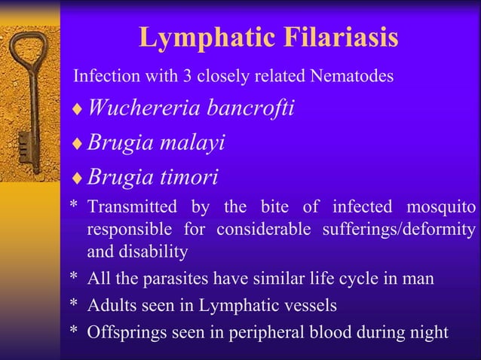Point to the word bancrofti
(248, 108)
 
